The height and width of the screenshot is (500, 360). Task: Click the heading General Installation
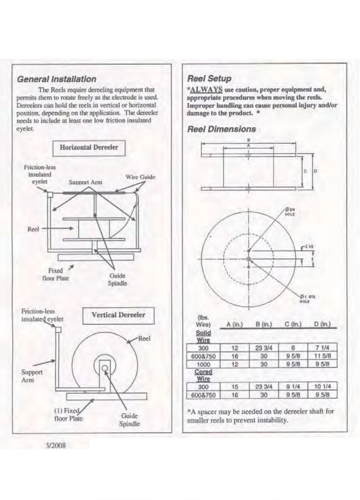click(57, 79)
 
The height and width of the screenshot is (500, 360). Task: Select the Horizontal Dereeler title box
click(89, 148)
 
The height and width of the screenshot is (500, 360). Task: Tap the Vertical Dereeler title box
click(118, 315)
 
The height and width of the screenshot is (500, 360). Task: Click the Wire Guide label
click(140, 177)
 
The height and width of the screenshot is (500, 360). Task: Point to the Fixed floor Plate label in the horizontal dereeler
click(56, 274)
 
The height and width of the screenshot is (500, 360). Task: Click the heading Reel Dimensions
click(221, 129)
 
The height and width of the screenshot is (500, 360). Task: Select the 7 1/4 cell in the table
click(322, 348)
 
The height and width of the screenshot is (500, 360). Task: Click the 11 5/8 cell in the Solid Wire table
click(322, 356)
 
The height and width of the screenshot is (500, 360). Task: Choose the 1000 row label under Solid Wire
click(204, 364)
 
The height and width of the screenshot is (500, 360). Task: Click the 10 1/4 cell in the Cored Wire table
click(322, 387)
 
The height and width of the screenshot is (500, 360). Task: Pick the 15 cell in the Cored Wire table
click(235, 387)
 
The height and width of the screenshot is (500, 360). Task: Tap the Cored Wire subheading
click(204, 375)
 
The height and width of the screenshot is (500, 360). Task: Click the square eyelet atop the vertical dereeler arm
click(58, 330)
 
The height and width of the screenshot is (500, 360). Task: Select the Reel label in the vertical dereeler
click(144, 339)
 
